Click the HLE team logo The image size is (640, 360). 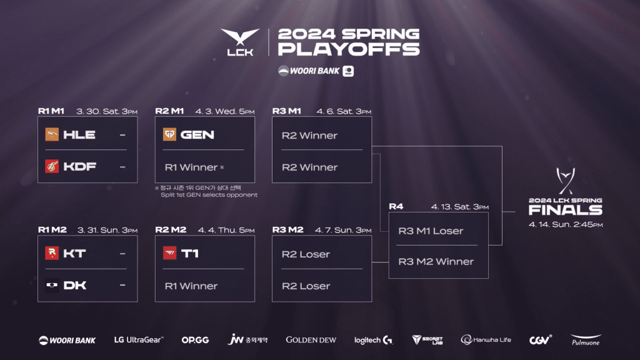click(x=52, y=134)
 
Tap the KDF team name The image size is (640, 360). click(x=79, y=167)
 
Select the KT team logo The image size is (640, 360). click(x=52, y=253)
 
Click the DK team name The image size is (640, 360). click(x=75, y=286)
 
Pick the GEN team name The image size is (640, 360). click(x=197, y=134)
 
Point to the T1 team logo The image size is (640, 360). click(x=169, y=253)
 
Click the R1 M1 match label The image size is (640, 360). click(x=52, y=111)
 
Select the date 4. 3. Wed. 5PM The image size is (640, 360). click(x=226, y=111)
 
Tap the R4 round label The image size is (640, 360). click(x=396, y=206)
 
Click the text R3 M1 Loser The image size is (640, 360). click(x=431, y=231)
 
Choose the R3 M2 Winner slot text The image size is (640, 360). click(x=436, y=261)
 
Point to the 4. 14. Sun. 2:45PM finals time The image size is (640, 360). click(x=566, y=224)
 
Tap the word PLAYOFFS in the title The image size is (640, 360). click(x=349, y=50)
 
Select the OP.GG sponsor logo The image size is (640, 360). click(x=195, y=340)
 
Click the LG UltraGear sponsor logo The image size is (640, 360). click(x=139, y=340)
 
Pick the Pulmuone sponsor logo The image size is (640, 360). click(x=586, y=340)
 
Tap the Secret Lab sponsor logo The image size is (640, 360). click(x=427, y=340)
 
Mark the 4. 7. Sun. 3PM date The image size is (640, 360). click(x=344, y=230)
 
